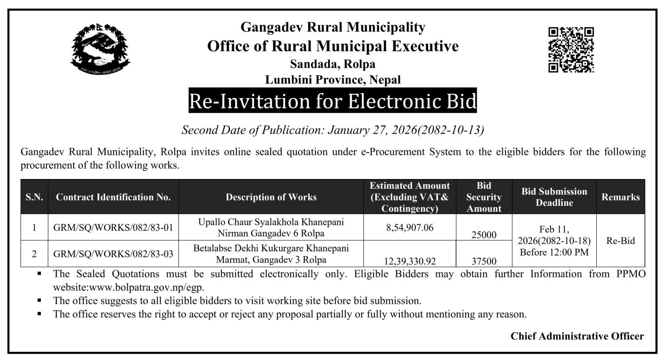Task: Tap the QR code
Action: [x=571, y=50]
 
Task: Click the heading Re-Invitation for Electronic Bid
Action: [x=333, y=101]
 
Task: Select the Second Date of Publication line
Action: [x=333, y=130]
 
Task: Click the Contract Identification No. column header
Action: [x=113, y=197]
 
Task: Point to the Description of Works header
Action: [x=271, y=197]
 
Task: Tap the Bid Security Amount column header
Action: [x=484, y=197]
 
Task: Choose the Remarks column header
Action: [x=620, y=197]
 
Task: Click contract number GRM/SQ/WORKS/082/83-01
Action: [x=113, y=227]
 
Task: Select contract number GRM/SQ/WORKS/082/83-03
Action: [x=113, y=254]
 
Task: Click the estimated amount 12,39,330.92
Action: [x=410, y=261]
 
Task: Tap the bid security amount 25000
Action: [x=484, y=235]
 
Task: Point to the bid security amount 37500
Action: [x=484, y=261]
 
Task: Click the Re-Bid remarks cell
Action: [x=620, y=241]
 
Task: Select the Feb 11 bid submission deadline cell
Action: [x=554, y=240]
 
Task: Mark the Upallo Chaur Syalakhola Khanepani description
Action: [x=271, y=227]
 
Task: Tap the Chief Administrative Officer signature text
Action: [x=577, y=336]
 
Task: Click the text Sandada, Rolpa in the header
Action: [x=333, y=64]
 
